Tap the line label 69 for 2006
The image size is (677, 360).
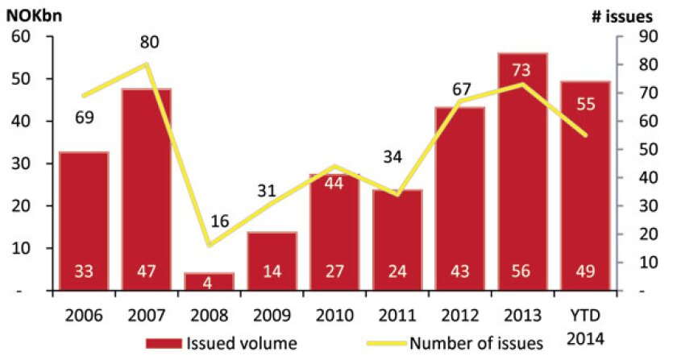tap(84, 118)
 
